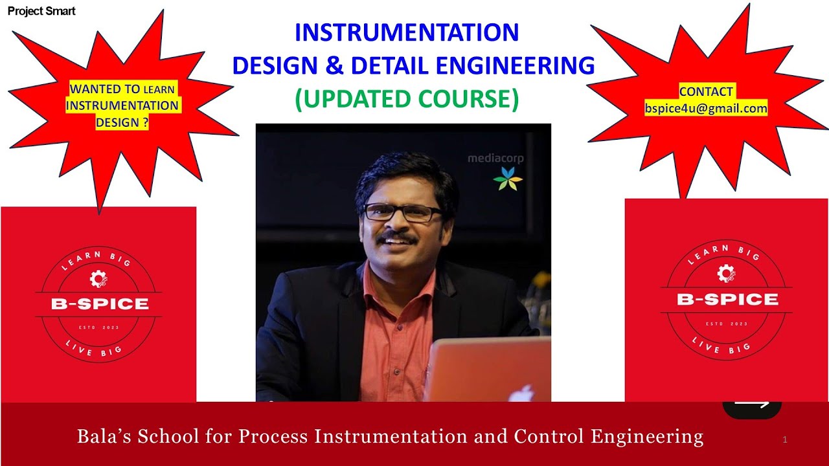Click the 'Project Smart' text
click(41, 11)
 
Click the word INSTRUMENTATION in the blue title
click(407, 32)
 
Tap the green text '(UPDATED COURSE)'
click(407, 98)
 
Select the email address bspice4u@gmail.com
click(706, 109)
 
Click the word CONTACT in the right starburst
click(706, 92)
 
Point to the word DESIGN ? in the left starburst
click(122, 122)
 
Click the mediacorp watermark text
click(495, 158)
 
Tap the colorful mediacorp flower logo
click(507, 178)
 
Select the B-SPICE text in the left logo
click(100, 304)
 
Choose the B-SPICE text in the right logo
click(727, 299)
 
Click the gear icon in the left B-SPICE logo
click(98, 279)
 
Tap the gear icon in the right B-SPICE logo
click(725, 274)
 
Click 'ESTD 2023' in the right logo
click(727, 324)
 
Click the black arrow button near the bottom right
click(752, 408)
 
